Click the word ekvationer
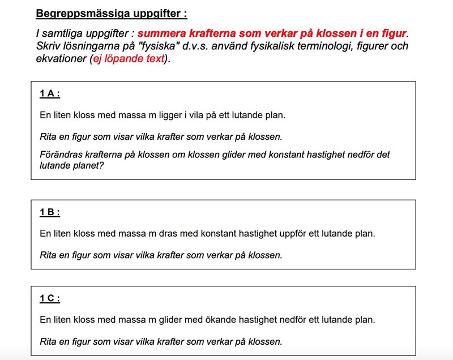59,58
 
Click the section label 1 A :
50,95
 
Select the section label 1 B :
50,213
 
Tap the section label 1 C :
50,299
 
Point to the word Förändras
62,155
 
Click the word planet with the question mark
88,166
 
